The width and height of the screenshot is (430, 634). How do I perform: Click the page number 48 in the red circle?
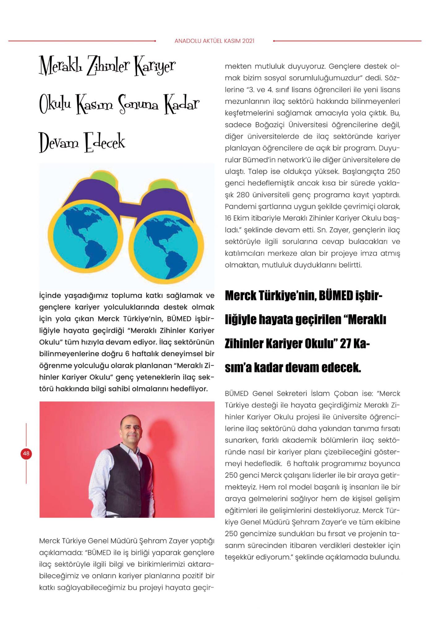pyautogui.click(x=26, y=454)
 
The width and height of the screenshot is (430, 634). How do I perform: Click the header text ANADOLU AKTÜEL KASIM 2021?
pyautogui.click(x=214, y=41)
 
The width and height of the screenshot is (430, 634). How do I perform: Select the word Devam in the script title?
pyautogui.click(x=59, y=143)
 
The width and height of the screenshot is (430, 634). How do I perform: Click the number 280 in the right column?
pyautogui.click(x=243, y=195)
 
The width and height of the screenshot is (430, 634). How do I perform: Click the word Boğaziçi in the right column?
pyautogui.click(x=270, y=125)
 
